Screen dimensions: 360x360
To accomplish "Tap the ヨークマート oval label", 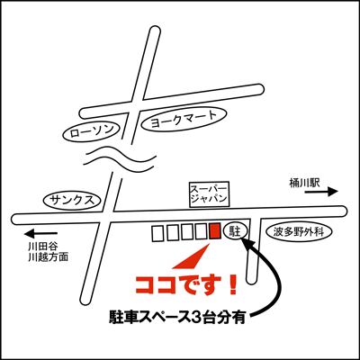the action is (184, 120).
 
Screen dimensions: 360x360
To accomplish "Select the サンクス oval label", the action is (73, 200).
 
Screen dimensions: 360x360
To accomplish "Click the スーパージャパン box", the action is (210, 194).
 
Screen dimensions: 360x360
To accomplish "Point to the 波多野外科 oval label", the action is (299, 232).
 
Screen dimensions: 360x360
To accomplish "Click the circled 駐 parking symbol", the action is (236, 231).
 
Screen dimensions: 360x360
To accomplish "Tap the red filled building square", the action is (215, 231).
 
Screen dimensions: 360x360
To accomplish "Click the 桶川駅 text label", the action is (304, 183).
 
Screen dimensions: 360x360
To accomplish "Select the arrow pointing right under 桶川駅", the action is (321, 192).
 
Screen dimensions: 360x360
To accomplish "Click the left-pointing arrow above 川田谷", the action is (41, 233).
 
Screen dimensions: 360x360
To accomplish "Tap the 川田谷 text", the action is (43, 247).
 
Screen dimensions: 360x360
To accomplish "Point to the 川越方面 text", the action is (49, 257).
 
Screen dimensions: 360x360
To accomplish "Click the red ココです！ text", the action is (186, 284).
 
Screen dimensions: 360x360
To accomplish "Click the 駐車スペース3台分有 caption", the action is (177, 317).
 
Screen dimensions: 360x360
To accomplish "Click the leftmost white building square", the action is (157, 233).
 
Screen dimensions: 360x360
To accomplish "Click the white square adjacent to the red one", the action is (201, 232).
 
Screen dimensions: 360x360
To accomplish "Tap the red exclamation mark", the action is (231, 284).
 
